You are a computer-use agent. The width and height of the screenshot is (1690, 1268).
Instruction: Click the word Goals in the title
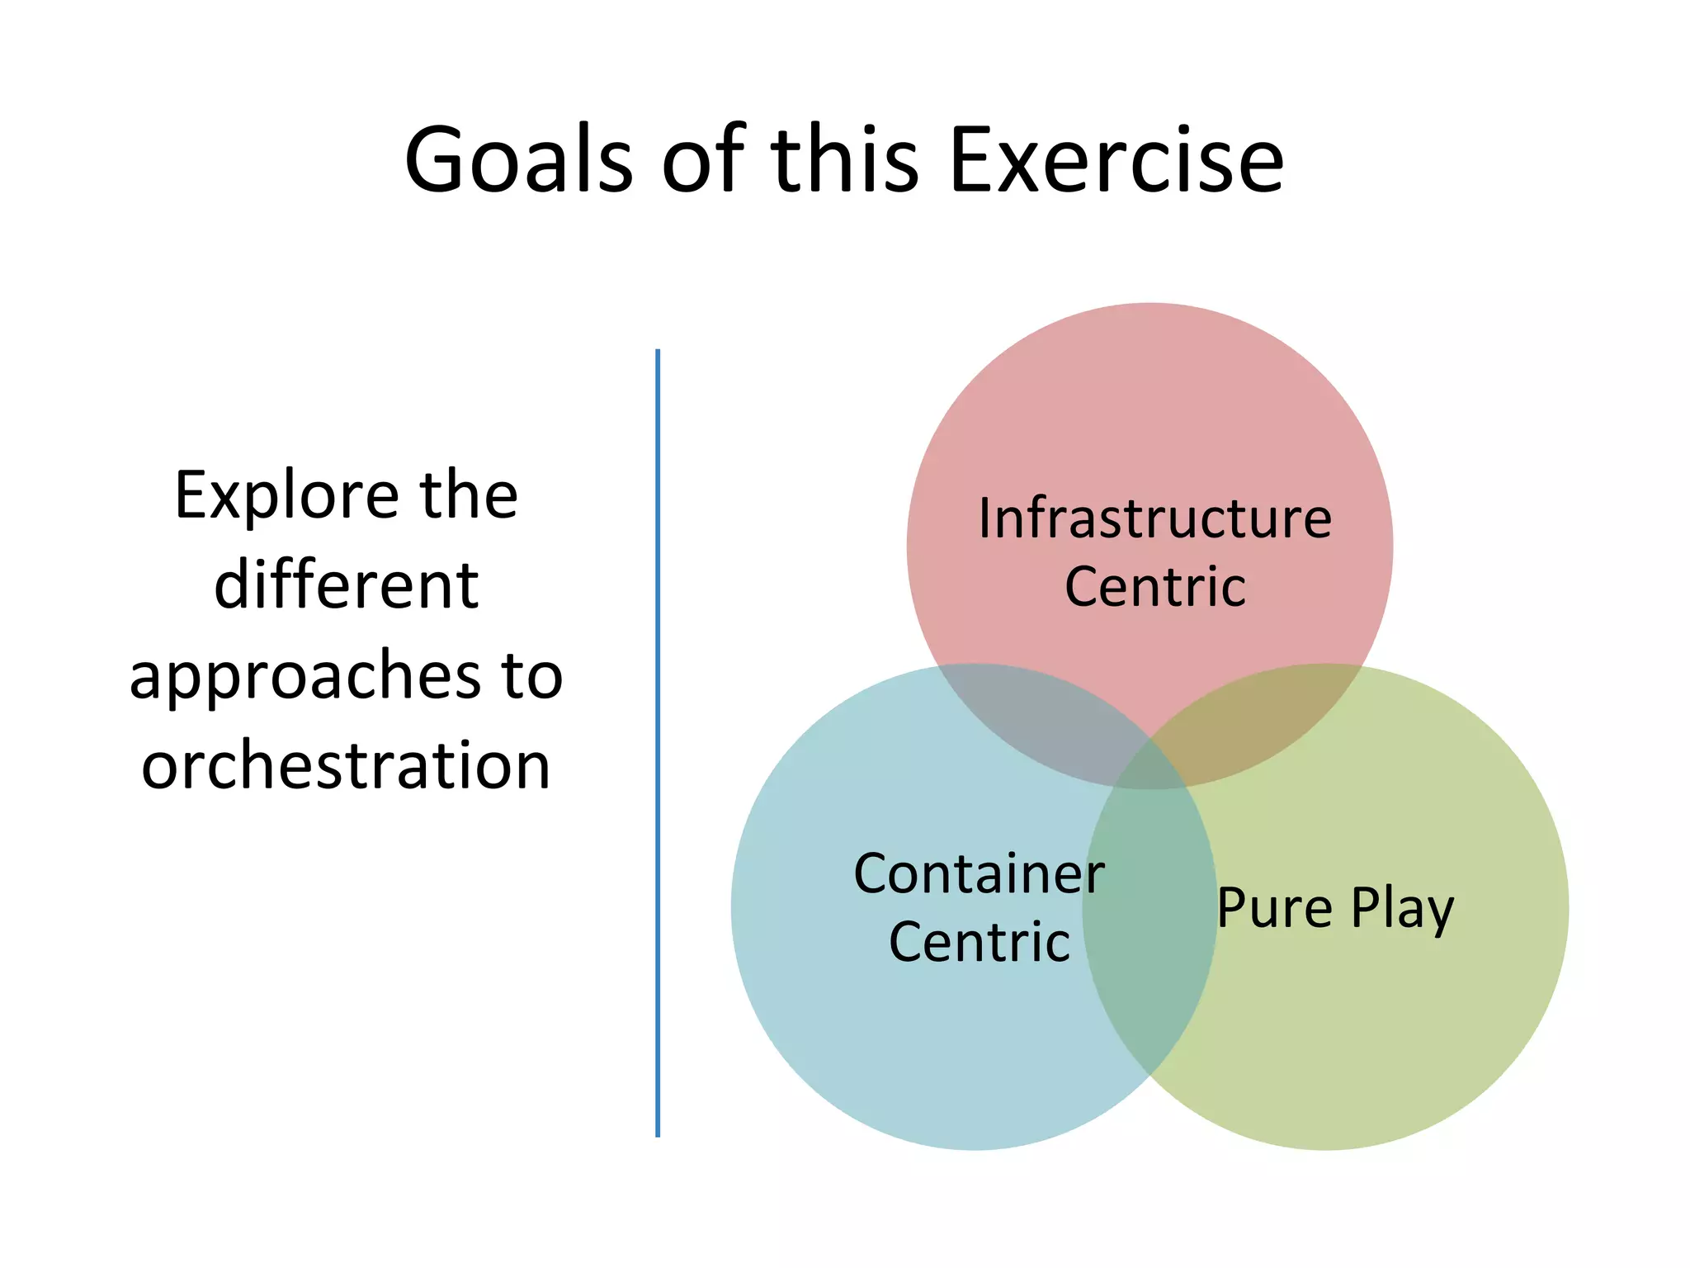click(518, 160)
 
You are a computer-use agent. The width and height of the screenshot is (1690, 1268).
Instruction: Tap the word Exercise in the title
click(1116, 160)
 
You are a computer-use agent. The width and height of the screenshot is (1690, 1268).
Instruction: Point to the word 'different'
click(347, 585)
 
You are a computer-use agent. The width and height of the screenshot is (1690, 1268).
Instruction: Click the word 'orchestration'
click(346, 765)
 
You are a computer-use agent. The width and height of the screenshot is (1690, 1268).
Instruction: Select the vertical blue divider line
click(658, 743)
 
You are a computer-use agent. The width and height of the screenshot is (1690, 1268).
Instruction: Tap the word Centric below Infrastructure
click(1154, 587)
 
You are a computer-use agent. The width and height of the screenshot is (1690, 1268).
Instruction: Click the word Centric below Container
click(979, 942)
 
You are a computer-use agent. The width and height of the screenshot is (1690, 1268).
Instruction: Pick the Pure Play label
click(1335, 908)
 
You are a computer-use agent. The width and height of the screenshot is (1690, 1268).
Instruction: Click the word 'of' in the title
click(702, 160)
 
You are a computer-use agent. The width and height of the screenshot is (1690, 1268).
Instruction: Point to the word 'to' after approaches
click(532, 675)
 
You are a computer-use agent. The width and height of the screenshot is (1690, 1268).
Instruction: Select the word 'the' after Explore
click(469, 496)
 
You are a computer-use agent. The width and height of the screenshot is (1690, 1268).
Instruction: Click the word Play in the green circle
click(1402, 908)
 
